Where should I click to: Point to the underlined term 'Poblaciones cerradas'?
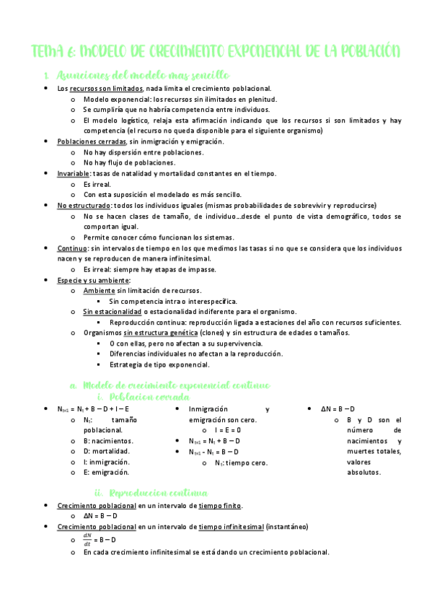coord(88,141)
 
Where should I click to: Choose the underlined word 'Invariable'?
coord(74,173)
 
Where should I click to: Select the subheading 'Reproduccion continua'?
coord(158,494)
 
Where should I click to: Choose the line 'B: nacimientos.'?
coord(109,440)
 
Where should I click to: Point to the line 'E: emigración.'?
coord(107,472)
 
